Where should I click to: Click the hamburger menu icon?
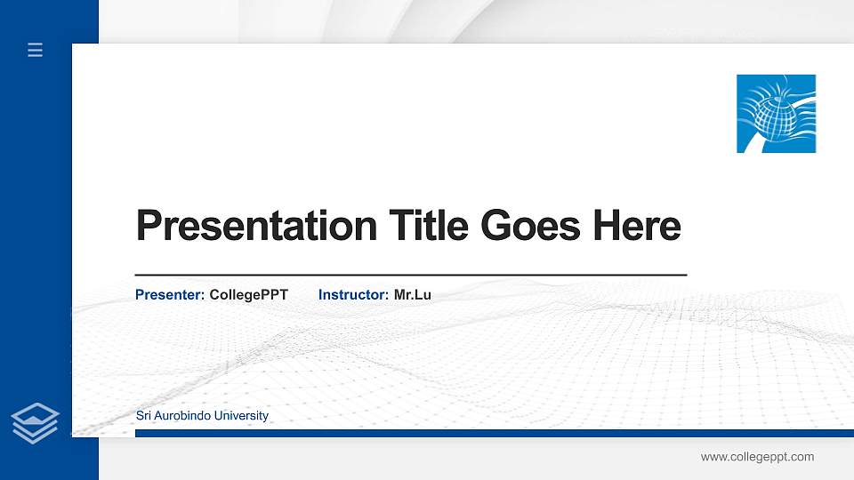click(36, 51)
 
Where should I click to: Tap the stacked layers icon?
click(36, 422)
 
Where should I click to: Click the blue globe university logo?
click(776, 114)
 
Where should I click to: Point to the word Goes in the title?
click(529, 226)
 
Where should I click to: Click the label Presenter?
click(170, 294)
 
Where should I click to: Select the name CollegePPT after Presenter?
click(248, 294)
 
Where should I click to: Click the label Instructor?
click(353, 294)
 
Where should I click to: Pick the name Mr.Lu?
click(413, 294)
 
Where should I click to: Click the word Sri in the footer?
click(143, 416)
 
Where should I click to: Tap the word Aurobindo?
click(184, 416)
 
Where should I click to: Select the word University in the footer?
click(243, 416)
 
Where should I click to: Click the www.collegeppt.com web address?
click(757, 457)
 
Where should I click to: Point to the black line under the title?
click(410, 276)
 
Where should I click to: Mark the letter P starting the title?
click(149, 226)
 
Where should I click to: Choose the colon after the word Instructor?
click(387, 295)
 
